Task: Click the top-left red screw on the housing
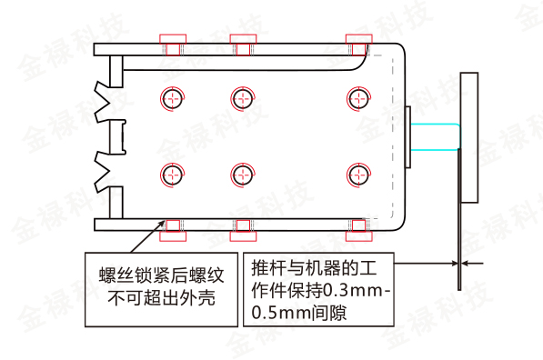[x=173, y=44]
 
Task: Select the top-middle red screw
[x=240, y=44]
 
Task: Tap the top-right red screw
[x=357, y=44]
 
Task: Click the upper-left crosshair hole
[x=173, y=97]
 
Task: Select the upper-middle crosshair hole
[x=241, y=97]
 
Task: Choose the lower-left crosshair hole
[x=173, y=173]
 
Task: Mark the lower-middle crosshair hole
[x=241, y=173]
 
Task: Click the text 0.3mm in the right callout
[x=349, y=292]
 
